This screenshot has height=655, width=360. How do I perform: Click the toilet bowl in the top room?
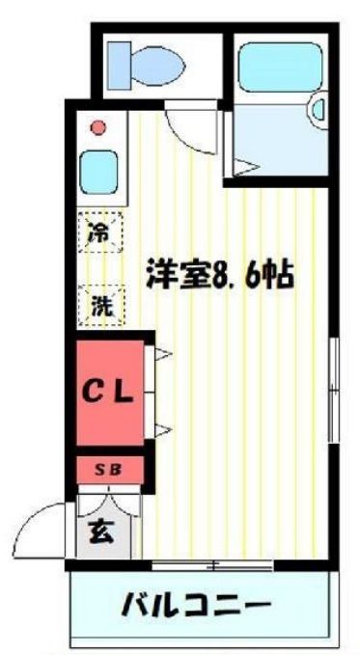[158, 66]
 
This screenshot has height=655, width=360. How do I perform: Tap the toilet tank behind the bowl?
[120, 66]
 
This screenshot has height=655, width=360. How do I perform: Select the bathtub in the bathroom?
[280, 67]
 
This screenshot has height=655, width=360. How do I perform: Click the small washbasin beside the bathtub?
[318, 110]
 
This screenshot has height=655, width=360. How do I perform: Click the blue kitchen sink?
[98, 172]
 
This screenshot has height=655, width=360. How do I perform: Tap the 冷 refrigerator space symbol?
[100, 232]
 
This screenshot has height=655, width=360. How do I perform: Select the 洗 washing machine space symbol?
[100, 306]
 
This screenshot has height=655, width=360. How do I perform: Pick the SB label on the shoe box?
[107, 470]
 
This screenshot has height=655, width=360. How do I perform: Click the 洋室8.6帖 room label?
[218, 274]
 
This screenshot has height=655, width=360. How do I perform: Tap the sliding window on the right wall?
[333, 389]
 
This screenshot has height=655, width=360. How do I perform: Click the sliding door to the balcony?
[212, 565]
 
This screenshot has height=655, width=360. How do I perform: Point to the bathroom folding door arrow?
[246, 167]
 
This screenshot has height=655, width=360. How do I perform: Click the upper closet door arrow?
[163, 354]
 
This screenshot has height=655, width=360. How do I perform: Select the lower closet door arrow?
[163, 429]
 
